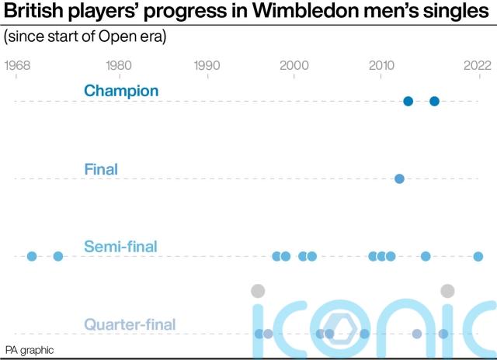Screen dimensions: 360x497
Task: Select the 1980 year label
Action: [x=118, y=66]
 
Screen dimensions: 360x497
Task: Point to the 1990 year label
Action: [x=206, y=66]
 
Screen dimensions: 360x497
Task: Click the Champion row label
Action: [x=121, y=91]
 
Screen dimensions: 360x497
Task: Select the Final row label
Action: [x=101, y=168]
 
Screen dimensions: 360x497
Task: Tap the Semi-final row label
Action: [x=120, y=247]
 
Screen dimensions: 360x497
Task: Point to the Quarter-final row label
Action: [x=129, y=324]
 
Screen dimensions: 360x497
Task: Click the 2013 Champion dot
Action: [x=408, y=101]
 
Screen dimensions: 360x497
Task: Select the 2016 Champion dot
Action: [x=435, y=101]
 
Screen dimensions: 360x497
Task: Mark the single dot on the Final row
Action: [x=399, y=178]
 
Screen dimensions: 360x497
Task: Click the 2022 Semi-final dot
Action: [x=478, y=256]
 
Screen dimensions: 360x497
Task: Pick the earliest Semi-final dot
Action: [x=32, y=256]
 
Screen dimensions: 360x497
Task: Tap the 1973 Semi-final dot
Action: [x=57, y=256]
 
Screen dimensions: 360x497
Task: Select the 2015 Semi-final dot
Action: [x=426, y=256]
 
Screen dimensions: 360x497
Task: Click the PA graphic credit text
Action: [x=30, y=350]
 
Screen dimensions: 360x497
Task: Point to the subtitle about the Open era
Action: [x=85, y=36]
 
